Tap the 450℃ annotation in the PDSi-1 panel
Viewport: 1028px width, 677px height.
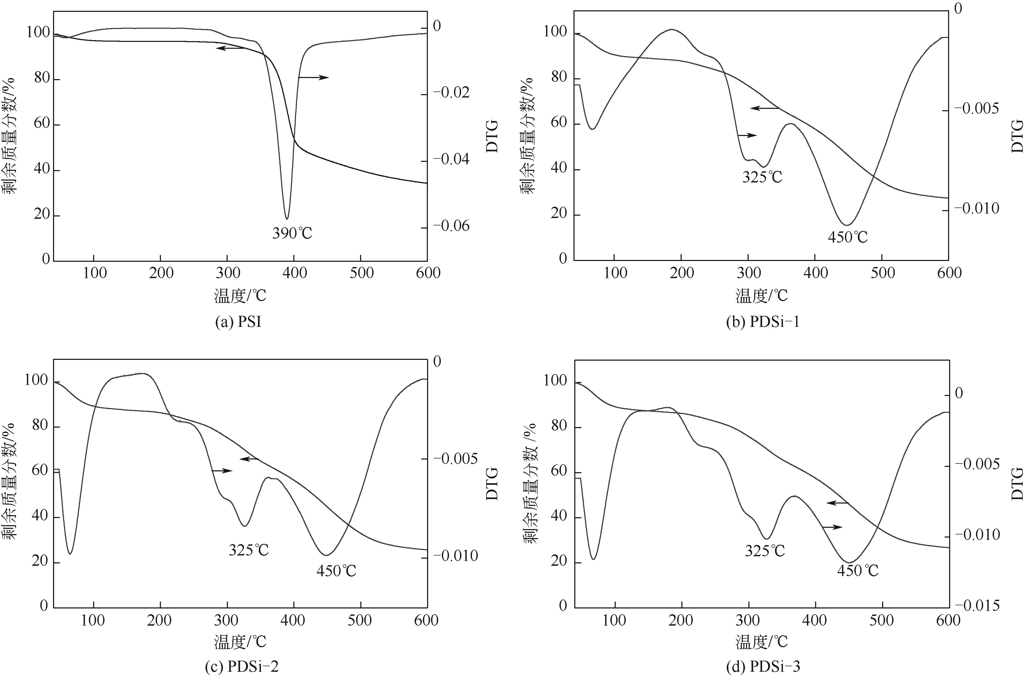click(848, 238)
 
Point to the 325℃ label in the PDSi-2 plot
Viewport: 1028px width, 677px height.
click(249, 550)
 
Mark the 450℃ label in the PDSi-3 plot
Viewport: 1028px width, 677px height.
click(858, 571)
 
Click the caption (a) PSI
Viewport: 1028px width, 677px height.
click(238, 322)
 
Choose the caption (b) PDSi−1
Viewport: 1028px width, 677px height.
click(763, 322)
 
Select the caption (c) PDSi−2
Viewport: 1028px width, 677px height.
click(247, 667)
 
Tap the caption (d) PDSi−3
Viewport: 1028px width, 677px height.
click(763, 667)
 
